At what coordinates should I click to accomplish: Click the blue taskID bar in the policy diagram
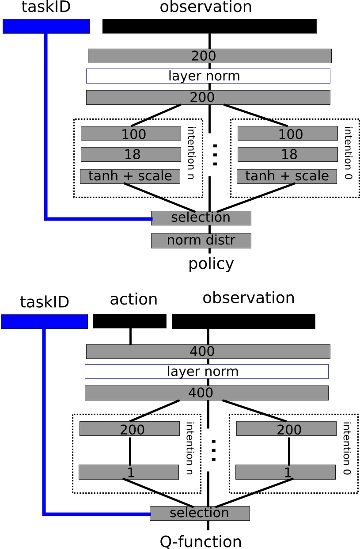tap(46, 26)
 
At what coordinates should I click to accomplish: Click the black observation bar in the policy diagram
tap(209, 26)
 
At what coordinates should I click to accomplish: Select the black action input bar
tap(129, 321)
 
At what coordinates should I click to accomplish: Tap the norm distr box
tap(201, 241)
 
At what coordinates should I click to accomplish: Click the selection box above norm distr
tap(201, 218)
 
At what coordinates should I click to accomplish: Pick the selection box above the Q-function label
tap(200, 513)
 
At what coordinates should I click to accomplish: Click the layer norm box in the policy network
tap(208, 76)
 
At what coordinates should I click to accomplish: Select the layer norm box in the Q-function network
tap(206, 371)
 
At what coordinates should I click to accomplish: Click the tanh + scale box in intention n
tap(130, 176)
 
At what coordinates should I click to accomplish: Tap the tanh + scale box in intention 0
tap(287, 176)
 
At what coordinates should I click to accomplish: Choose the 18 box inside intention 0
tap(288, 154)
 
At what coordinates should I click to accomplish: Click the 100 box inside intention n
tap(131, 133)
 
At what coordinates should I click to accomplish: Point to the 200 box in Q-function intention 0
tap(286, 429)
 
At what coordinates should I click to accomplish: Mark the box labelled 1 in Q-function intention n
tap(129, 472)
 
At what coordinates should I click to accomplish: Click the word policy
tap(211, 264)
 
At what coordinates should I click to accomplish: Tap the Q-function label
tap(201, 541)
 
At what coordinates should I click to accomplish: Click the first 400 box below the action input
tap(208, 351)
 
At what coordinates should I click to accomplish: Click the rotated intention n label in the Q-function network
tap(189, 449)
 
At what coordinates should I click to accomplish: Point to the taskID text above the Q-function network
tap(44, 302)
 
